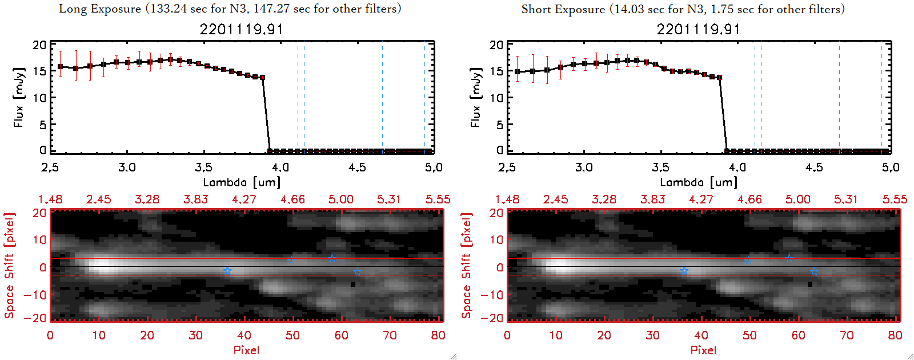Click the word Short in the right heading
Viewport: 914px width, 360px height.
pyautogui.click(x=536, y=9)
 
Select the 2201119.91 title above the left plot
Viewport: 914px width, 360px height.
pyautogui.click(x=241, y=29)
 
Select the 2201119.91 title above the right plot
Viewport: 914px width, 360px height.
pyautogui.click(x=698, y=29)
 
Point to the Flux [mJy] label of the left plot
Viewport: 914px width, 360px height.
pyautogui.click(x=19, y=97)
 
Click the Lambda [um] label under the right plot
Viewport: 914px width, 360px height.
pyautogui.click(x=699, y=182)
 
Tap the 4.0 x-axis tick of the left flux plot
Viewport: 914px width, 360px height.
pyautogui.click(x=280, y=167)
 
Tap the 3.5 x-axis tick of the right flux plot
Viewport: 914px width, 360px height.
pyautogui.click(x=660, y=167)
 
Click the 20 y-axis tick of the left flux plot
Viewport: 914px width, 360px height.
pyautogui.click(x=39, y=45)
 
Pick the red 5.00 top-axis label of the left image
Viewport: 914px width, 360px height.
pyautogui.click(x=340, y=199)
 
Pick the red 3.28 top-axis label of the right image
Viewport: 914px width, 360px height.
pyautogui.click(x=604, y=199)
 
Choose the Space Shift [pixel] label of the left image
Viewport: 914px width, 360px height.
pyautogui.click(x=10, y=266)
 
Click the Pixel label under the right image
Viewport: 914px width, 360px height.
pyautogui.click(x=703, y=350)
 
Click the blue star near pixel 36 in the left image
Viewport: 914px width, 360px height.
pyautogui.click(x=227, y=271)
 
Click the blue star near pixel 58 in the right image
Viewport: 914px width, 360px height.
pyautogui.click(x=789, y=258)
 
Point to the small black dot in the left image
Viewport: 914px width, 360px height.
pyautogui.click(x=353, y=284)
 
